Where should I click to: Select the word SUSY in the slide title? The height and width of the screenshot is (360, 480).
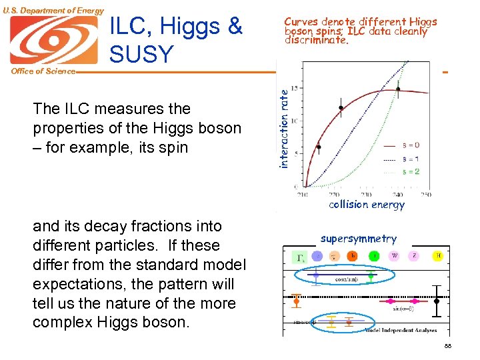click(141, 53)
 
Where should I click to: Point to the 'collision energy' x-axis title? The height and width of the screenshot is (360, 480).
click(366, 205)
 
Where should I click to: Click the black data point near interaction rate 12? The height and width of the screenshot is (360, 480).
click(341, 107)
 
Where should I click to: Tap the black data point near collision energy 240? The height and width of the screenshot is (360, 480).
click(399, 89)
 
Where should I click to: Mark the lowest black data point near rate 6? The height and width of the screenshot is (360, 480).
click(319, 147)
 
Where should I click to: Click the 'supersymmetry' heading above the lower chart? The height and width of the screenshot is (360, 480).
click(358, 239)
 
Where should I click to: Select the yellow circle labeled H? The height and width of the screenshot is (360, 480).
click(438, 255)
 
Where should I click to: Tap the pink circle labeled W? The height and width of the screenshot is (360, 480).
click(394, 255)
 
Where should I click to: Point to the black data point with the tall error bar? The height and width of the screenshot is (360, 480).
click(437, 301)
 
